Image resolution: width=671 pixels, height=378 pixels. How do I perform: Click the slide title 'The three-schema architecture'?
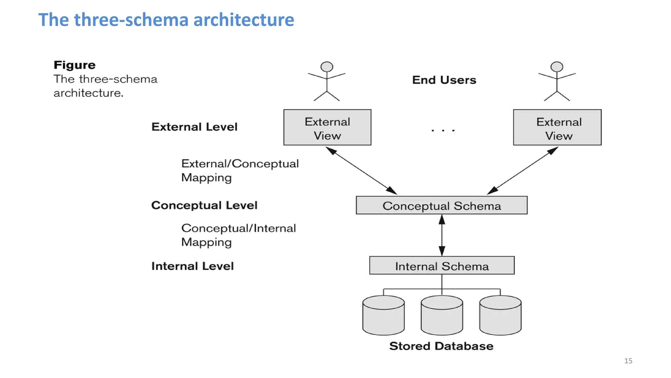pyautogui.click(x=166, y=20)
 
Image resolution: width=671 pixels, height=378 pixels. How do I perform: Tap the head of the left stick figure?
pyautogui.click(x=327, y=67)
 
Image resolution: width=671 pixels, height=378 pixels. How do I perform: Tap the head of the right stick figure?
pyautogui.click(x=557, y=67)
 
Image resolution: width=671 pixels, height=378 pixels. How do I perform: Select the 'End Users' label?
pyautogui.click(x=444, y=80)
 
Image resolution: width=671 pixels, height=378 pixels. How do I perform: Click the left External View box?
pyautogui.click(x=327, y=128)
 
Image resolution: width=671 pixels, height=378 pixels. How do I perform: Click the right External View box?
pyautogui.click(x=557, y=128)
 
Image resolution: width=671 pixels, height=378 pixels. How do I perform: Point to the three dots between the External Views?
pyautogui.click(x=443, y=131)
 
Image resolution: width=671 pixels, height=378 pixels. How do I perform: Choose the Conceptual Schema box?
pyautogui.click(x=442, y=205)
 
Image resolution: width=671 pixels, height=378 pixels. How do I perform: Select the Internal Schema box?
pyautogui.click(x=442, y=265)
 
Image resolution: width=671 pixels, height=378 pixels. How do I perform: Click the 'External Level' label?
pyautogui.click(x=194, y=127)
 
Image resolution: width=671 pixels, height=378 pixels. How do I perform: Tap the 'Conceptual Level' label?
pyautogui.click(x=204, y=205)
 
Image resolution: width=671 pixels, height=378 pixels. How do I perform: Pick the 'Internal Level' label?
pyautogui.click(x=192, y=266)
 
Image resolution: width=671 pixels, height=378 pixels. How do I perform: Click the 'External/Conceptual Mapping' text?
pyautogui.click(x=240, y=170)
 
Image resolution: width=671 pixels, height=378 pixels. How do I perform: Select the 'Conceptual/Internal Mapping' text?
pyautogui.click(x=238, y=235)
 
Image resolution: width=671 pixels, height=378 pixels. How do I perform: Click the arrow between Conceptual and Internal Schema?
pyautogui.click(x=442, y=235)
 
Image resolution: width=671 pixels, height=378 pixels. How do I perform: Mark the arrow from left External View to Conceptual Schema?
pyautogui.click(x=361, y=171)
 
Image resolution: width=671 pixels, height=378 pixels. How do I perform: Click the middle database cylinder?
pyautogui.click(x=442, y=316)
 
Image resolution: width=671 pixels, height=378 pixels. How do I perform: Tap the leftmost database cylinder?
pyautogui.click(x=383, y=316)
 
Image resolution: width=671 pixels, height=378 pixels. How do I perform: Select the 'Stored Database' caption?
pyautogui.click(x=441, y=346)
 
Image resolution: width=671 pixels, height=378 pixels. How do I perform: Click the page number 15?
pyautogui.click(x=628, y=361)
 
